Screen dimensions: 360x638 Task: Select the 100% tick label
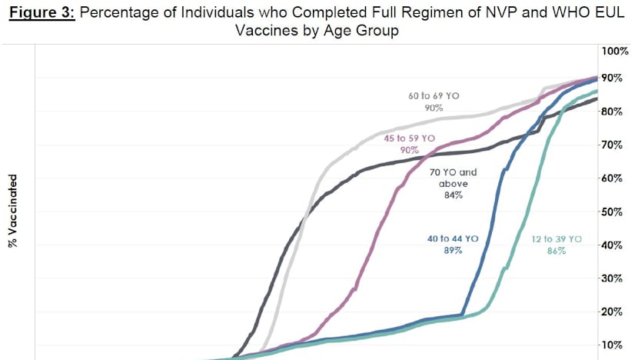point(615,51)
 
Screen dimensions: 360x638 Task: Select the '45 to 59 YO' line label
point(409,138)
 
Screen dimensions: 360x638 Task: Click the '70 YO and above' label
point(452,178)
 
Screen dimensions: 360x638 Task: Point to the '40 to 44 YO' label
point(453,239)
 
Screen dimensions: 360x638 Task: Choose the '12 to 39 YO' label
point(557,239)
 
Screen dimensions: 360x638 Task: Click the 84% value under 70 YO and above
point(452,196)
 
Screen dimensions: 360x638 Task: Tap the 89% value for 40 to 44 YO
point(452,252)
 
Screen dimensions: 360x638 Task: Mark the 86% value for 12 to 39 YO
point(557,252)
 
